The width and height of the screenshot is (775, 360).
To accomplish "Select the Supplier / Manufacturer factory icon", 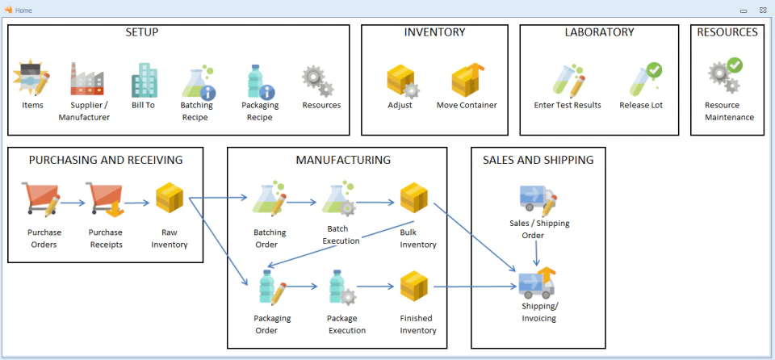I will [x=86, y=79].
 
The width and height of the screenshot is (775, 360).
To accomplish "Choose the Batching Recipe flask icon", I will [x=197, y=82].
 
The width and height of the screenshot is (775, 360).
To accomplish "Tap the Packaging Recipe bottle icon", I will [x=260, y=82].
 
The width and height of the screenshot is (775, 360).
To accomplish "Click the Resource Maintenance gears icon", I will [x=724, y=76].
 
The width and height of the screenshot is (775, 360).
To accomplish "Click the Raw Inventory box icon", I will [x=170, y=199].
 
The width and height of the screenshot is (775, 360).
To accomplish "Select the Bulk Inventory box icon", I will [x=414, y=199].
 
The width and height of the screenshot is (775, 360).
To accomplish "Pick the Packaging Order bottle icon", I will [x=270, y=287].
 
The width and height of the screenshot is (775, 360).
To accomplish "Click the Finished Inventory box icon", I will [x=414, y=287].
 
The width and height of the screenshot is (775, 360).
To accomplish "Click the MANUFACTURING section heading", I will [x=343, y=160].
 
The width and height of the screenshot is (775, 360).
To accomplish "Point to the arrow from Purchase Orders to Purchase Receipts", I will [x=73, y=203].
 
